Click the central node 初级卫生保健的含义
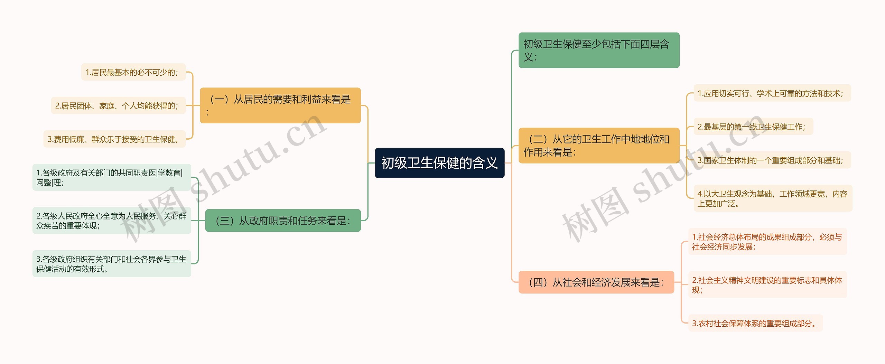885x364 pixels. point(439,163)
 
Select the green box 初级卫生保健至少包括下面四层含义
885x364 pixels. point(598,50)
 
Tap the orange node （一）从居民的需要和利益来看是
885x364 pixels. point(280,105)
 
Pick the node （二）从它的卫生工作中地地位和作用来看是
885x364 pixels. point(598,145)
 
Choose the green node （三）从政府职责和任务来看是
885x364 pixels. point(283,220)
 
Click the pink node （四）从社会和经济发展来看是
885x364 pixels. point(596,282)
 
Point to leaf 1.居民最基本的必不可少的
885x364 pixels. point(133,72)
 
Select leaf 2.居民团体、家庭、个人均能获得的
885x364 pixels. point(118,106)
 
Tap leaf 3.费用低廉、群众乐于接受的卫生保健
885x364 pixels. point(114,139)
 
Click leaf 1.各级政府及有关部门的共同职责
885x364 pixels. point(111,177)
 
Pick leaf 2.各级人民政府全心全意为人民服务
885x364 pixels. point(111,221)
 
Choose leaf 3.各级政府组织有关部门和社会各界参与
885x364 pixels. point(111,264)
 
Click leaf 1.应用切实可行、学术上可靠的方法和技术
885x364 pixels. point(772,93)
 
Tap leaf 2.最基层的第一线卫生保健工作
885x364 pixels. point(753,127)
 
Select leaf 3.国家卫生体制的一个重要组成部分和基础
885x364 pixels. point(772,160)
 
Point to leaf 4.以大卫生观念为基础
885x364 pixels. point(772,198)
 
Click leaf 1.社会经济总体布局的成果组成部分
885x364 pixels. point(767,242)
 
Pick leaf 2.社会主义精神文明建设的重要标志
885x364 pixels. point(767,285)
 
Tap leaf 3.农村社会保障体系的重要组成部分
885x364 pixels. point(755,323)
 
